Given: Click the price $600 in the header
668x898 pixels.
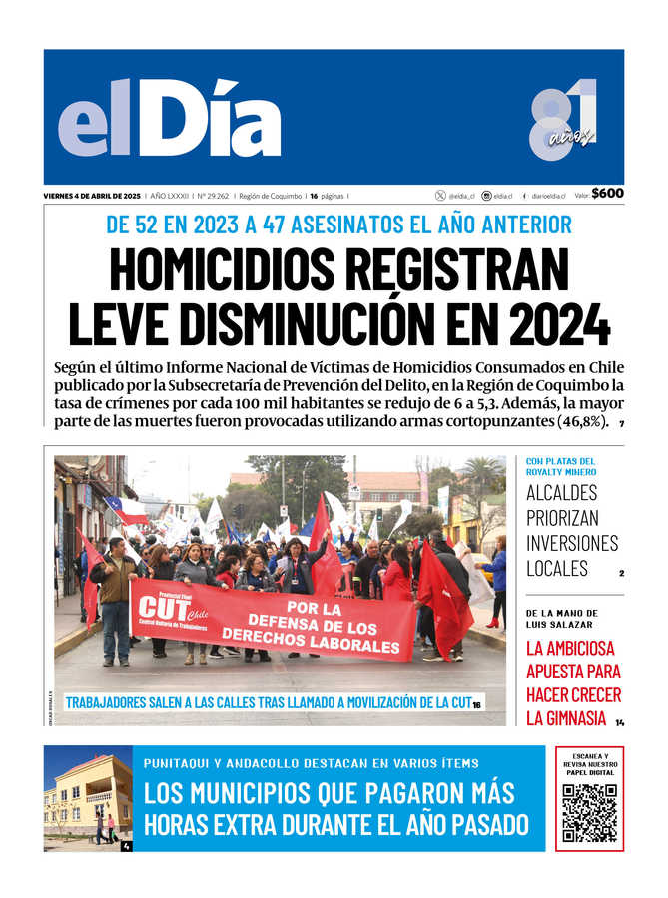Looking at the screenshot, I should tap(607, 194).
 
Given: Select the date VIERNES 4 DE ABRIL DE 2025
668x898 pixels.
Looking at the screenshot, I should tap(92, 196).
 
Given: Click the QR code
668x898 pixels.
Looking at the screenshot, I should tap(589, 813).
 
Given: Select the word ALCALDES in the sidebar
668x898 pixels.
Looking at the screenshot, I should tap(561, 492).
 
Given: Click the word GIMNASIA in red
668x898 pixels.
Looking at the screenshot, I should tap(566, 718).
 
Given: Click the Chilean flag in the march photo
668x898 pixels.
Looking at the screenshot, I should tap(127, 511).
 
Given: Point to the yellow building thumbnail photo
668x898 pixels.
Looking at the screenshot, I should tap(88, 798).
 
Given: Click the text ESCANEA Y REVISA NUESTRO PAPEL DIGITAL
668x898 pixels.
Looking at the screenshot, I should tap(589, 764).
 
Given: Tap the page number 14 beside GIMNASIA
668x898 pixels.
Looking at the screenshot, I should tap(619, 722).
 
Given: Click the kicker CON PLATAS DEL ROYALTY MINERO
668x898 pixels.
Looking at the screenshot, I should tap(560, 466).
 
